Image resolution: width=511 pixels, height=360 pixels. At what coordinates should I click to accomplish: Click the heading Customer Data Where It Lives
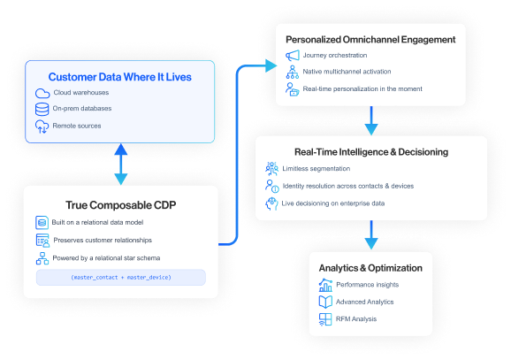pyautogui.click(x=119, y=77)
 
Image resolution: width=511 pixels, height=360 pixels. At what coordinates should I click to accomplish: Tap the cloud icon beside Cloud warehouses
pyautogui.click(x=42, y=94)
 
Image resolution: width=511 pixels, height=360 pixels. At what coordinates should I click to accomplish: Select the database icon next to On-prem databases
pyautogui.click(x=42, y=110)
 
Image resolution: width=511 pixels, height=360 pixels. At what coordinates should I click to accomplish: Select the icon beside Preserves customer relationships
pyautogui.click(x=42, y=240)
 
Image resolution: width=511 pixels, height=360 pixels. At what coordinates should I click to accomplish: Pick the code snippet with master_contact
pyautogui.click(x=120, y=277)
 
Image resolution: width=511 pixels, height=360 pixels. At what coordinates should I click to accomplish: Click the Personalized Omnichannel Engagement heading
pyautogui.click(x=370, y=39)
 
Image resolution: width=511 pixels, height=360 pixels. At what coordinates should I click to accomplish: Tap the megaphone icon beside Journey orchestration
pyautogui.click(x=293, y=56)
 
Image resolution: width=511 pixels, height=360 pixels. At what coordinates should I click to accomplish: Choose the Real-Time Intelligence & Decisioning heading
pyautogui.click(x=371, y=152)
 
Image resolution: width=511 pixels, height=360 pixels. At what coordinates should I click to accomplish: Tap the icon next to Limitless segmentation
pyautogui.click(x=272, y=169)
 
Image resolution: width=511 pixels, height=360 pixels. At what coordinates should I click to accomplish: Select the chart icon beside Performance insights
pyautogui.click(x=324, y=285)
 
